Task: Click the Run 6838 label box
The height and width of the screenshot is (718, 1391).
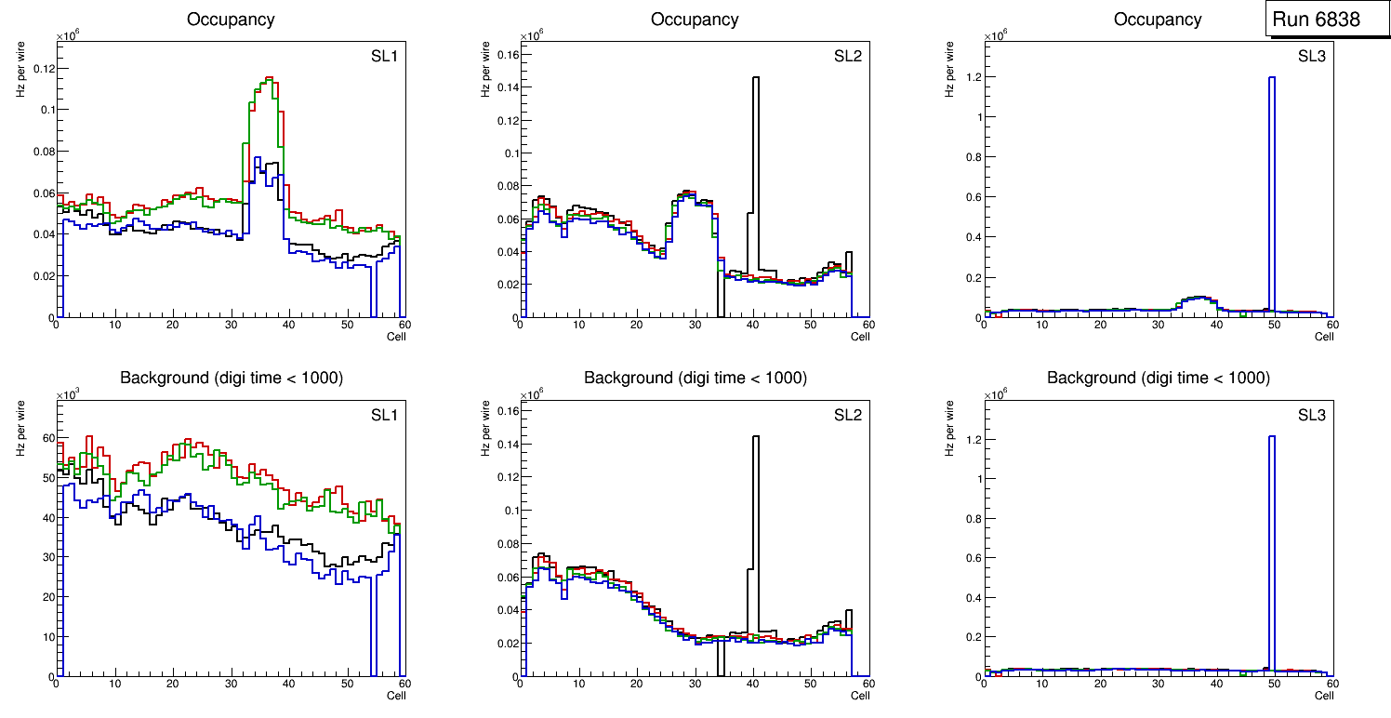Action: tap(1316, 20)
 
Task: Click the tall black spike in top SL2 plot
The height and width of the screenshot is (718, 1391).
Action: tap(755, 140)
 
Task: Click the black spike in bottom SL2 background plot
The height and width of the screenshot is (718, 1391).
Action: tap(755, 502)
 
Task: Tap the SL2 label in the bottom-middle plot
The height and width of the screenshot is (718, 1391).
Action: tap(847, 415)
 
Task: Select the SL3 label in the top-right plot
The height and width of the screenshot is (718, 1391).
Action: tap(1311, 57)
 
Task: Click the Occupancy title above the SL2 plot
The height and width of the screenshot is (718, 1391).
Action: tap(695, 20)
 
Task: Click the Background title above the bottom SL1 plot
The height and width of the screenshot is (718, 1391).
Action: tap(232, 378)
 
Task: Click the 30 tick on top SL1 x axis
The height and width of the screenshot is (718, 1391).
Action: tap(231, 325)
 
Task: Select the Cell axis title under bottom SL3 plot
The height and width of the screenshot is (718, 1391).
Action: tap(1323, 696)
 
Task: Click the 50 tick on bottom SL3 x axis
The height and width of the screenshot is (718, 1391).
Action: tap(1274, 684)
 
